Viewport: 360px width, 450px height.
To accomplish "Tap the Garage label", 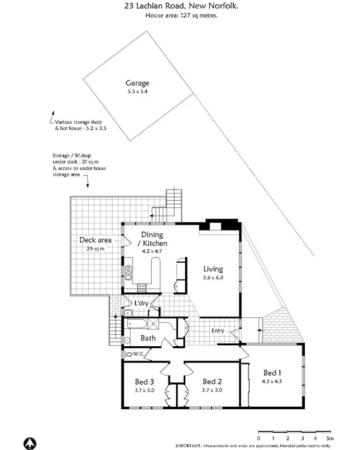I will (x=137, y=83).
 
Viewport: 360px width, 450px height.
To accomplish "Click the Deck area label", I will (x=96, y=240).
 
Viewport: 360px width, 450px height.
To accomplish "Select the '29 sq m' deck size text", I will (x=95, y=249).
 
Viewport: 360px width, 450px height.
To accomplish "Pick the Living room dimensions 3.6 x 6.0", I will (x=213, y=277).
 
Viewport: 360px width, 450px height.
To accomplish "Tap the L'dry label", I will (x=141, y=304).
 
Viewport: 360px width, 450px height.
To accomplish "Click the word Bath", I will (x=148, y=338).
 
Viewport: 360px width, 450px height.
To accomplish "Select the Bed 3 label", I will (x=144, y=382).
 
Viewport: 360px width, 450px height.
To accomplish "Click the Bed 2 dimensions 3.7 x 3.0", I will (x=212, y=390).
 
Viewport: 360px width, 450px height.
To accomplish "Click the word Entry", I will (x=218, y=331).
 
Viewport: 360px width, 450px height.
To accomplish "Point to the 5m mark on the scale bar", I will (x=330, y=438).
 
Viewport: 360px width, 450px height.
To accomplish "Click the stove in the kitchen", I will (x=143, y=287).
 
